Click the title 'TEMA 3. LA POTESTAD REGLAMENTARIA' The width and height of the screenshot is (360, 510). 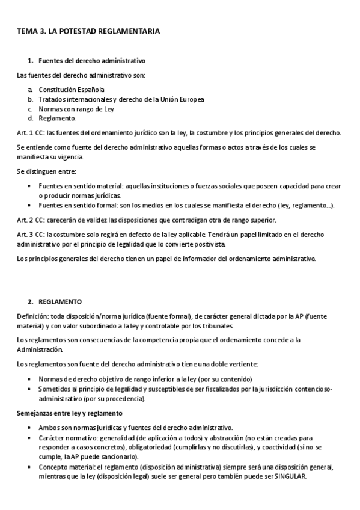pyautogui.click(x=88, y=31)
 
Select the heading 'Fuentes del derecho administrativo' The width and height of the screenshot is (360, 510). pyautogui.click(x=92, y=61)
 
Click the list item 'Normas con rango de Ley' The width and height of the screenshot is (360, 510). pyautogui.click(x=76, y=109)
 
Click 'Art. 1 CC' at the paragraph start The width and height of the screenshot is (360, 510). pyautogui.click(x=30, y=133)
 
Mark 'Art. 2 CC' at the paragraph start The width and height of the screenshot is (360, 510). pyautogui.click(x=30, y=220)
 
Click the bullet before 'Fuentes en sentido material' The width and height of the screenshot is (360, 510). pyautogui.click(x=30, y=186)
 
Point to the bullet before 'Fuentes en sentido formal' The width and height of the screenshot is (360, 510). pyautogui.click(x=30, y=205)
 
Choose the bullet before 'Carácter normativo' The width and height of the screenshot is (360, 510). pyautogui.click(x=30, y=438)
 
